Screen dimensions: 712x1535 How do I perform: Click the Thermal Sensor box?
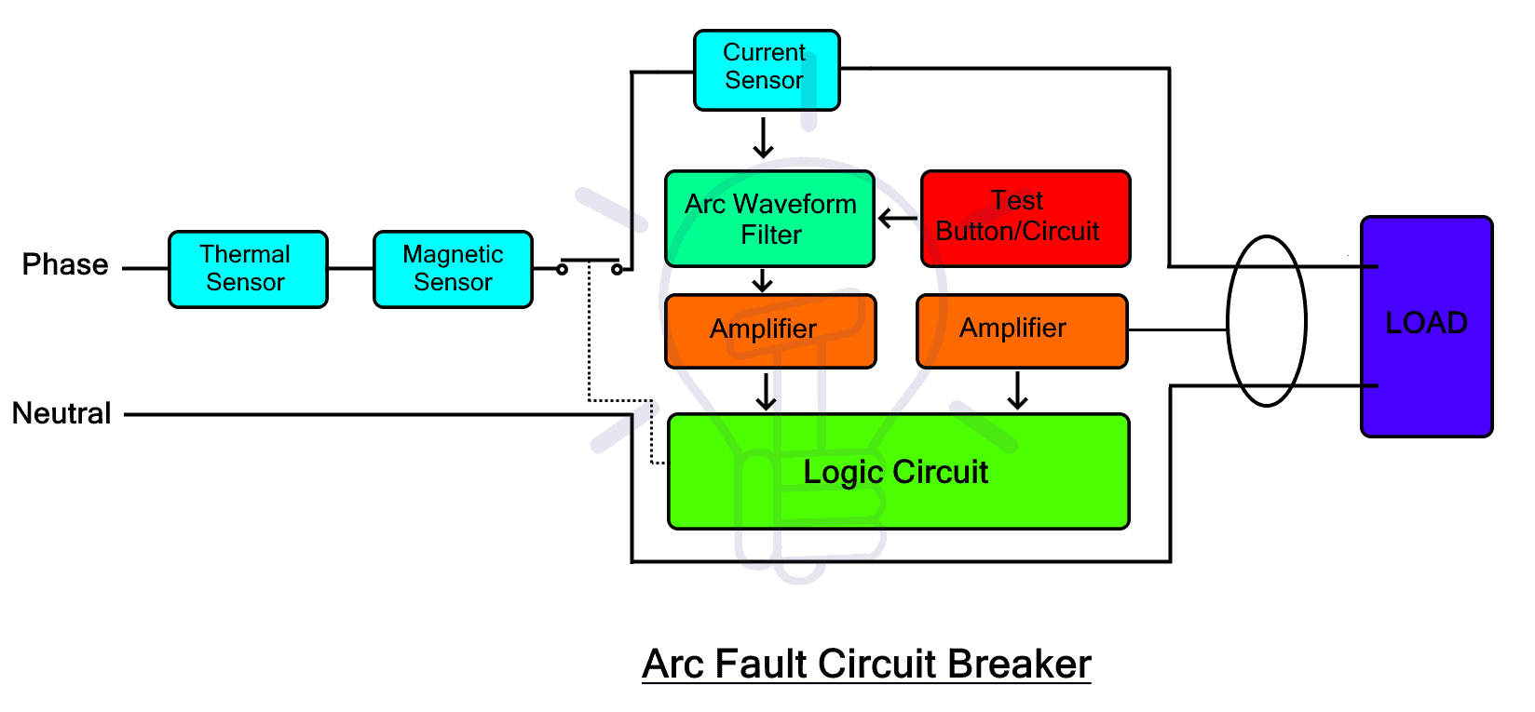(x=248, y=269)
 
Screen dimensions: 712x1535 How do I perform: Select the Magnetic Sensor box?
(x=453, y=269)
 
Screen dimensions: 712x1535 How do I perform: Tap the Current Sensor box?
(x=766, y=70)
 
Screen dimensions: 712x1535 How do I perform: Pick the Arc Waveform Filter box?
(x=769, y=219)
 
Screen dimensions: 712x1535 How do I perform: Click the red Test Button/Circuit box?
(x=1026, y=219)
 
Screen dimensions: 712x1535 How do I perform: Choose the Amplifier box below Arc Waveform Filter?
(x=769, y=330)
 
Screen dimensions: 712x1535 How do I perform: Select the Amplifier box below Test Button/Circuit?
(x=1022, y=330)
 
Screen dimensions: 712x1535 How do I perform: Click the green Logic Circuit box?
(x=898, y=472)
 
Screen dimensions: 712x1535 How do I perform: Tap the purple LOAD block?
(x=1426, y=326)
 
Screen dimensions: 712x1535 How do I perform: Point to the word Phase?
(x=65, y=265)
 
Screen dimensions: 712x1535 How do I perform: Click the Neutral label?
(x=61, y=413)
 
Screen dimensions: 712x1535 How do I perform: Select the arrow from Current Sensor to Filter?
(x=764, y=138)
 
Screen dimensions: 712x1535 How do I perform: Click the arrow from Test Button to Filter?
(x=897, y=219)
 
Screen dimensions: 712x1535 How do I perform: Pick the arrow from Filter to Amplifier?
(x=763, y=280)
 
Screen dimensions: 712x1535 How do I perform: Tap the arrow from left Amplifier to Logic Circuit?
(x=766, y=391)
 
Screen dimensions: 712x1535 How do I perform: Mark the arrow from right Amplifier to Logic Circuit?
(x=1017, y=391)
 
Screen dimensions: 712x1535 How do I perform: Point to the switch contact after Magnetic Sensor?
(x=590, y=263)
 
